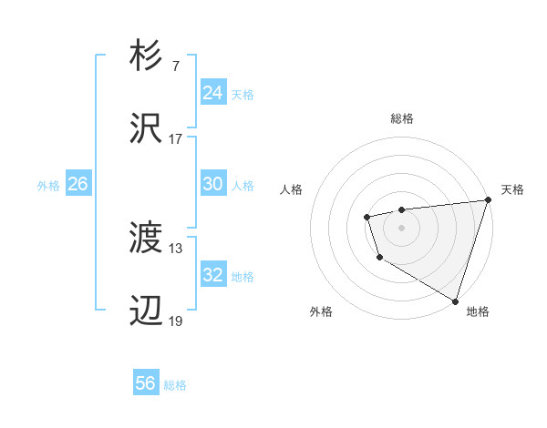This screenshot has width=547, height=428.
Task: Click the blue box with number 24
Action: coord(212,93)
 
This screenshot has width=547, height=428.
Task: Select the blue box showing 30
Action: coord(212,184)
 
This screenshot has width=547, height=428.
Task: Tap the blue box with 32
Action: coord(212,275)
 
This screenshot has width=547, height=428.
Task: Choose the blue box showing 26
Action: coord(77,184)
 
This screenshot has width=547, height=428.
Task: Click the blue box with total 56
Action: coord(146,383)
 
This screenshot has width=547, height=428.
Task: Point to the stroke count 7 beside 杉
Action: coord(175,66)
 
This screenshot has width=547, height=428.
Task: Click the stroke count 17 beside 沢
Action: coord(176,139)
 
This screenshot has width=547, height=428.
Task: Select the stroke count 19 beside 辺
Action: coord(176,321)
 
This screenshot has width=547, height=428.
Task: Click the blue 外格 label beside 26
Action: coord(48,185)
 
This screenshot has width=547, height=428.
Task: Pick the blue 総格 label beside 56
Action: coord(175,384)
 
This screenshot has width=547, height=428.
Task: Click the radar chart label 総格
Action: coord(402,118)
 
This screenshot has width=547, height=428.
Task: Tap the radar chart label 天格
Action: coord(512,189)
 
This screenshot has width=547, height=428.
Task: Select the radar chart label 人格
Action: coord(292,189)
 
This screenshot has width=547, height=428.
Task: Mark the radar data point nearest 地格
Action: coord(455,300)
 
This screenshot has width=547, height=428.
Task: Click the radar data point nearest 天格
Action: coord(487,200)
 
